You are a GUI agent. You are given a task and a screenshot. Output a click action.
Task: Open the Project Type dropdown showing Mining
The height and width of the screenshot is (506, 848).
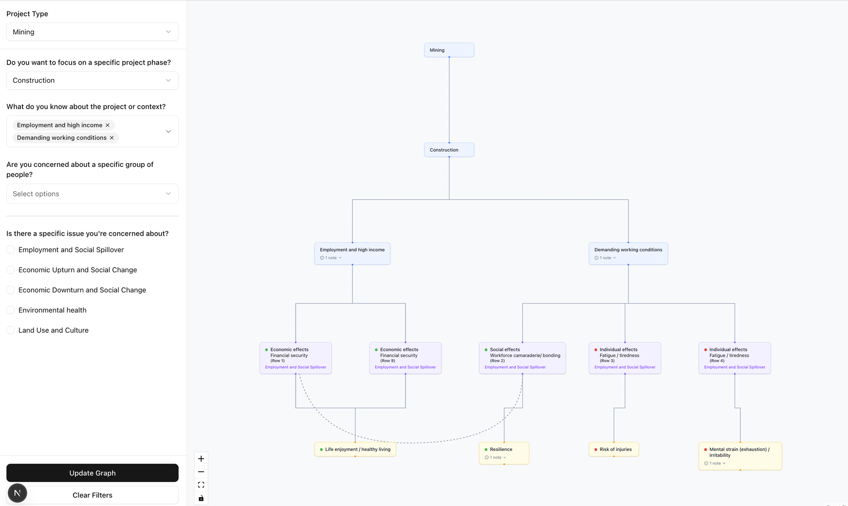click(92, 32)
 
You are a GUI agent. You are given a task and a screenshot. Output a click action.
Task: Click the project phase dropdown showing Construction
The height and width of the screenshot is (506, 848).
click(92, 81)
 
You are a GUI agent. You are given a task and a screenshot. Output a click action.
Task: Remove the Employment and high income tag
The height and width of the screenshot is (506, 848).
click(108, 126)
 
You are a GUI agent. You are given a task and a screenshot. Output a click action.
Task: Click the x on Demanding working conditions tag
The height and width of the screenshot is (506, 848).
click(112, 138)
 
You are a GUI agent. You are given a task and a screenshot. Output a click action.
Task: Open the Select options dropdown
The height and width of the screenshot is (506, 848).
click(92, 194)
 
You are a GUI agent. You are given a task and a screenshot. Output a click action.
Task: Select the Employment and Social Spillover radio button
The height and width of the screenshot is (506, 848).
click(11, 250)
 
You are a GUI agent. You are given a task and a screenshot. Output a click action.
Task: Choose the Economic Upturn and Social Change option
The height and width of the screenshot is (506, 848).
click(11, 270)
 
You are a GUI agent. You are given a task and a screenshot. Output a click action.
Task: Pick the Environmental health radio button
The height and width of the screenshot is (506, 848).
click(11, 310)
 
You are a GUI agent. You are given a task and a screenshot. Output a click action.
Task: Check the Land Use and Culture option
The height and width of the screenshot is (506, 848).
click(11, 330)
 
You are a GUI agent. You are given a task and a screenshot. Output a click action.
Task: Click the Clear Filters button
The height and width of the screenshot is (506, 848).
click(92, 495)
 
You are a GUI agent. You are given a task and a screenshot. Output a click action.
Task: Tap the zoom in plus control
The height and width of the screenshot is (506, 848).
click(201, 459)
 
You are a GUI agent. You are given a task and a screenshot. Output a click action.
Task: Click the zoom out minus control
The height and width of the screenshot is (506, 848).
click(201, 472)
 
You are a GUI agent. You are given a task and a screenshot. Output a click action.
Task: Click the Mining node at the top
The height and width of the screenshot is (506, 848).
click(449, 50)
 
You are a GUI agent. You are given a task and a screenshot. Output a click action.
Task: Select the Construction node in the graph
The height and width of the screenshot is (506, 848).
click(449, 150)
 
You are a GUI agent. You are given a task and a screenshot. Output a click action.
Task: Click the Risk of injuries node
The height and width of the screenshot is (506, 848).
click(614, 449)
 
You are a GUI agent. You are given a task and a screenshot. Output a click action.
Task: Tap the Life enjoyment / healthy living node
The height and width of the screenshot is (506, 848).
click(355, 449)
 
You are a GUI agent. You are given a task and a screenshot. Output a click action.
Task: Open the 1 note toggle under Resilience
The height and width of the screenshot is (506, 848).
click(496, 457)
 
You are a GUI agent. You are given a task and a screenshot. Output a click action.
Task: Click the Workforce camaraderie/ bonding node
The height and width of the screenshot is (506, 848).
click(522, 358)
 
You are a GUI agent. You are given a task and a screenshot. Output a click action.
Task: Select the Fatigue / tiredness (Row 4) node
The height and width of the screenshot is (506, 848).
click(735, 358)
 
